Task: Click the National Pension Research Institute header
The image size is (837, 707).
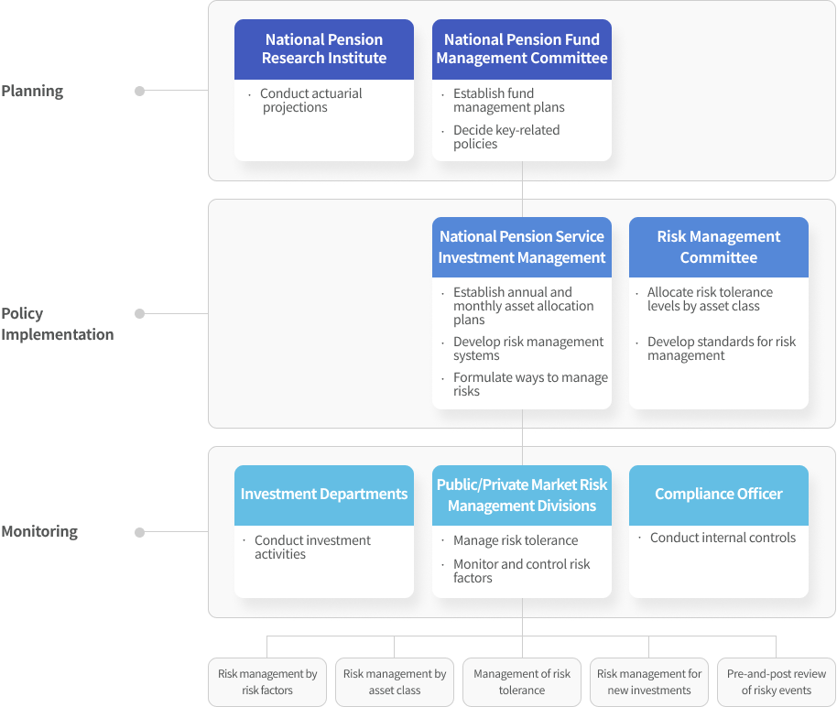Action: (x=324, y=49)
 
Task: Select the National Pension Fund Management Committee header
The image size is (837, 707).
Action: (x=522, y=49)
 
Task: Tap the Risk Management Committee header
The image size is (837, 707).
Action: (x=719, y=247)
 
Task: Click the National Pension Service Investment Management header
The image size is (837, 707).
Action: (x=522, y=247)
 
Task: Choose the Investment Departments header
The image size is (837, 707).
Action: (x=324, y=495)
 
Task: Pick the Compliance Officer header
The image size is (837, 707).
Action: (x=719, y=495)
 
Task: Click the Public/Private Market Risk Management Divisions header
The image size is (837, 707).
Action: (x=522, y=495)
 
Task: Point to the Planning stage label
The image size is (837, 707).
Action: (x=33, y=91)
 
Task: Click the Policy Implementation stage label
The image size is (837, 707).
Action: (x=58, y=323)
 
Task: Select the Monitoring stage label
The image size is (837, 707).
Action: (x=39, y=531)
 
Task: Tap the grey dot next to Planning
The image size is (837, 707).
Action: (x=139, y=91)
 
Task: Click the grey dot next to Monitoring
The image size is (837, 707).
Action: (x=139, y=532)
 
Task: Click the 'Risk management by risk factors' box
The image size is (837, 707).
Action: (x=267, y=682)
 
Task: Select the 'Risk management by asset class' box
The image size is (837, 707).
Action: (x=395, y=682)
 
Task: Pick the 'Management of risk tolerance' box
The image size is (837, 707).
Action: (x=522, y=682)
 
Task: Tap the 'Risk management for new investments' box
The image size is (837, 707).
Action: (x=649, y=682)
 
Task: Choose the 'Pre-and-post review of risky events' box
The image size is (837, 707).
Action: (x=777, y=682)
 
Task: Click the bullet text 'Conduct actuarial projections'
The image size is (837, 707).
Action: (x=310, y=101)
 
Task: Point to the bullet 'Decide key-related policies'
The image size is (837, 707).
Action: (x=505, y=137)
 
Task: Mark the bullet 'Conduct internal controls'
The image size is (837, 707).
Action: (x=723, y=538)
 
